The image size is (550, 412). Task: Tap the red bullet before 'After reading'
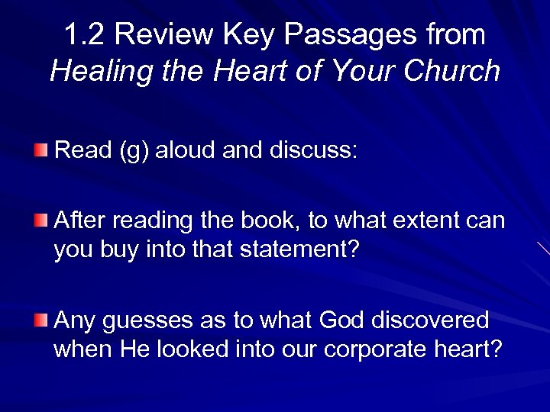point(41,220)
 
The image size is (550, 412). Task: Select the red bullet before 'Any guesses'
point(41,319)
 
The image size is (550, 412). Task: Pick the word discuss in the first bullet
point(313,150)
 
